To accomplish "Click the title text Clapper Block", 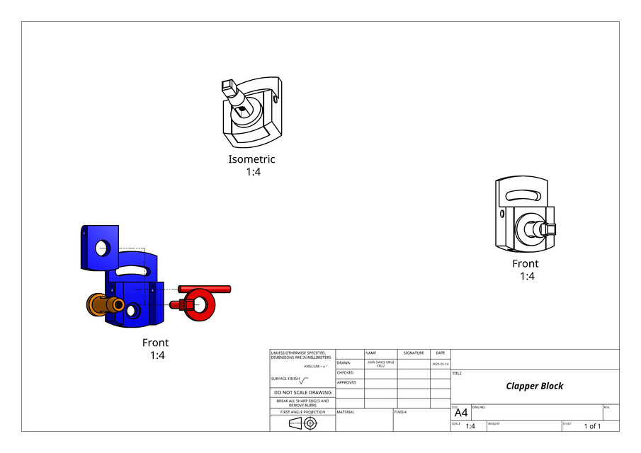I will tap(534, 386).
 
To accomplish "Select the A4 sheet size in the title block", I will tap(460, 413).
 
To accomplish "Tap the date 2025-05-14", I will tap(440, 363).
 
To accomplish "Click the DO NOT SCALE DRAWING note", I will tap(302, 392).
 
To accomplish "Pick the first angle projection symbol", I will tap(302, 423).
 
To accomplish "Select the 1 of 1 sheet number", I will tap(591, 426).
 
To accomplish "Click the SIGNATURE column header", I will tap(414, 352).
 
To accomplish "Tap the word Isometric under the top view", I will tap(251, 159).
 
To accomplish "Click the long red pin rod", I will tap(205, 288).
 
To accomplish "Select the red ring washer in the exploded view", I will tap(203, 304).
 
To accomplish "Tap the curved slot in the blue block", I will tap(132, 270).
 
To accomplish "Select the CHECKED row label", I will tap(345, 372).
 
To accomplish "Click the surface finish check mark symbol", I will tap(305, 379).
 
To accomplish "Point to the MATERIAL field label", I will tap(346, 411).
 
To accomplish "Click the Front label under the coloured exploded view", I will tap(155, 343).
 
